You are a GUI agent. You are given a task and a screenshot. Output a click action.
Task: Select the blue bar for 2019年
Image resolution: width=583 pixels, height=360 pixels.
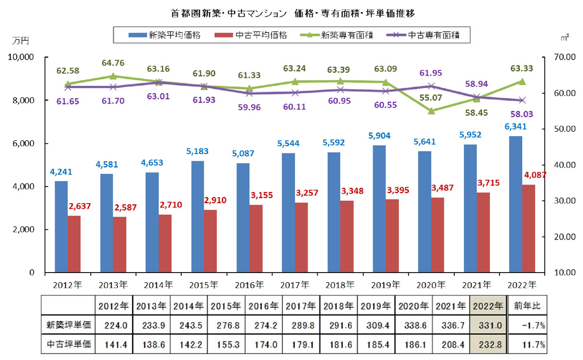pyautogui.click(x=379, y=208)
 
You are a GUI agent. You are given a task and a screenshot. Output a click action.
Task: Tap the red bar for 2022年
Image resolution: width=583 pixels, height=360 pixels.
pyautogui.click(x=528, y=228)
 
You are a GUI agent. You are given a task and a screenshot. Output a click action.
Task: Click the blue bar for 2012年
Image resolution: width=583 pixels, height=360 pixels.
pyautogui.click(x=61, y=226)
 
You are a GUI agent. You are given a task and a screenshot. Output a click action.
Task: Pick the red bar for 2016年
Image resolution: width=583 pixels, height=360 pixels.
pyautogui.click(x=256, y=238)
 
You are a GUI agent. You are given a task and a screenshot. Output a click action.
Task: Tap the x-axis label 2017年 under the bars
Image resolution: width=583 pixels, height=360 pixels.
pyautogui.click(x=294, y=285)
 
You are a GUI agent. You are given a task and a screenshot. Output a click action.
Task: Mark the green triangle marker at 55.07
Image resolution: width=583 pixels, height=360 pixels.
pyautogui.click(x=430, y=111)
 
